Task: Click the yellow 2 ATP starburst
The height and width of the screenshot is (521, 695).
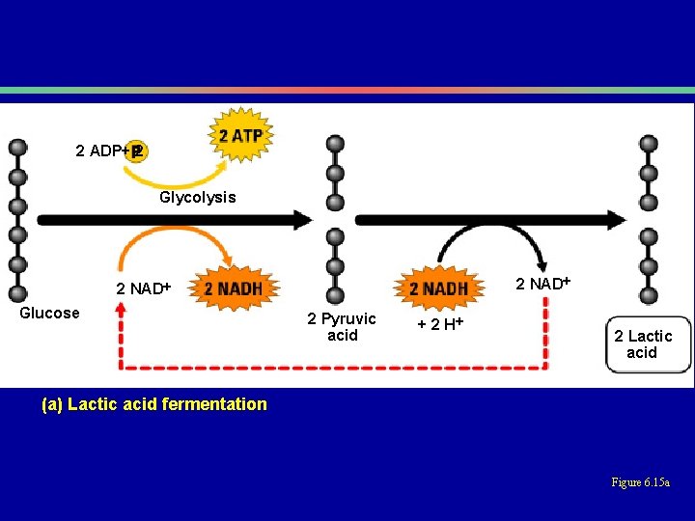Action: (x=240, y=135)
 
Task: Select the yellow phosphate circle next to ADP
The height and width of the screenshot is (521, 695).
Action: (x=137, y=151)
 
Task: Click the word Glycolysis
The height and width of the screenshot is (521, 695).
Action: (x=197, y=197)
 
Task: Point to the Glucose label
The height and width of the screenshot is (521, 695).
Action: (x=49, y=313)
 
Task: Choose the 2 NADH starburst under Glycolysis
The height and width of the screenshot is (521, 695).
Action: (x=236, y=288)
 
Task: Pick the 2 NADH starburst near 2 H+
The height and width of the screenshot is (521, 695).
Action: (x=439, y=288)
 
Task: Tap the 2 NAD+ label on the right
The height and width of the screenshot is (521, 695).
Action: (x=542, y=284)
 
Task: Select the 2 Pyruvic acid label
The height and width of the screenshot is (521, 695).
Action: (x=342, y=326)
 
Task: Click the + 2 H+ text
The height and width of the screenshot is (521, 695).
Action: (x=440, y=323)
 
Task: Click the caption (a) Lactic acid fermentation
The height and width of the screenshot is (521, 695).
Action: (x=154, y=404)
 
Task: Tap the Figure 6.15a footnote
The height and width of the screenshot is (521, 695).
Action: (x=641, y=482)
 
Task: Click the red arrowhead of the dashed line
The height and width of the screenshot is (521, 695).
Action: (x=121, y=309)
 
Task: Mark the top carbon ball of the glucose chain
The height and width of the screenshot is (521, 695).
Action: (x=17, y=148)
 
